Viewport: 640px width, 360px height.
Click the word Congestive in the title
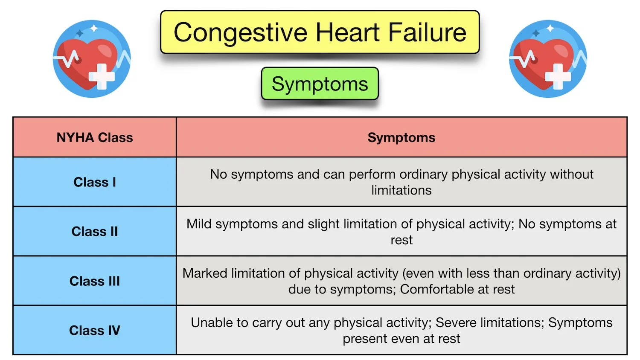[x=241, y=33]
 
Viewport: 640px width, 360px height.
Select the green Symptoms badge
[x=320, y=84]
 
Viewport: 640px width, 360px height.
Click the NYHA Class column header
[x=95, y=137]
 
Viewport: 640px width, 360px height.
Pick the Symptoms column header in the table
[x=401, y=137]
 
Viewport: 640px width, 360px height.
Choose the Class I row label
[x=95, y=182]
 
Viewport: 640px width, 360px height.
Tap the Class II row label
[x=95, y=231]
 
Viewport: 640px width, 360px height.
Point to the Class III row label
[x=95, y=281]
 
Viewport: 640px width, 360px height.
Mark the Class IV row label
[x=95, y=330]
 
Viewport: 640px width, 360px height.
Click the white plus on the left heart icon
[x=102, y=76]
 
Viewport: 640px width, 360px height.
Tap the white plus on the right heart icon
[x=558, y=76]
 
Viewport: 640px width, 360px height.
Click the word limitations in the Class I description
[x=401, y=190]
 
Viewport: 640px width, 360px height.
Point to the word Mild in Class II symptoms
[x=199, y=224]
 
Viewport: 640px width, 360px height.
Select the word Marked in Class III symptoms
[x=204, y=273]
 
